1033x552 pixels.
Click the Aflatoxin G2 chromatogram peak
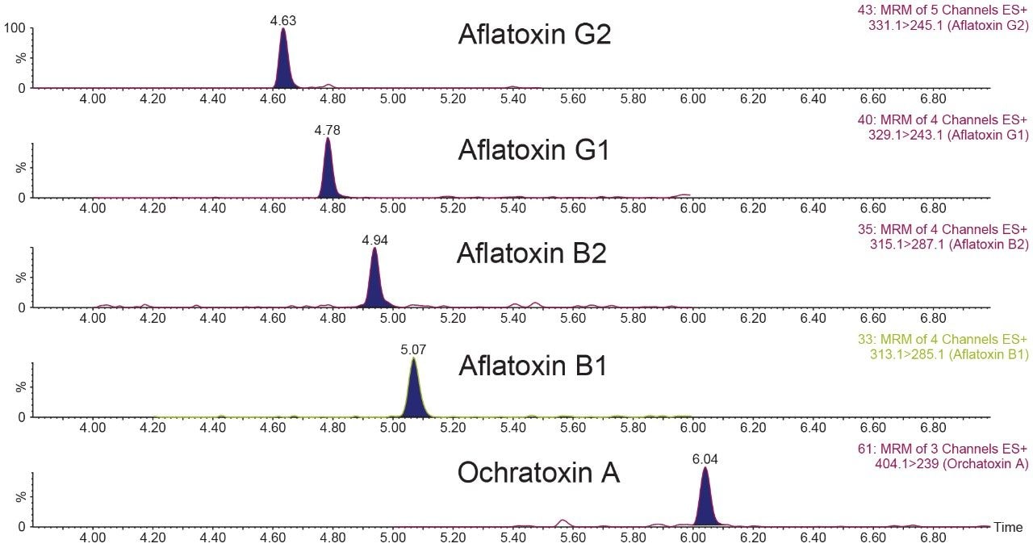[283, 65]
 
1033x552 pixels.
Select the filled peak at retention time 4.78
[328, 174]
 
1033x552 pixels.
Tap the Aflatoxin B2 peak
[374, 283]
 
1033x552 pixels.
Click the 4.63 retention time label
[283, 21]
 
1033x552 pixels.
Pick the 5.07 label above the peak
[413, 349]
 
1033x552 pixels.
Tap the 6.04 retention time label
[705, 459]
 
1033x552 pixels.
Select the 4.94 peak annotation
[374, 240]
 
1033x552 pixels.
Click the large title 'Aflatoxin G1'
[533, 150]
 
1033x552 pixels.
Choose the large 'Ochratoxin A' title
[538, 473]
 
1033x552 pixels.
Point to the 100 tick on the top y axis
[16, 28]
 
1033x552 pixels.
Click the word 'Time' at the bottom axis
[1008, 528]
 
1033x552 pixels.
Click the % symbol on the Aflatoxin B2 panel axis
[21, 278]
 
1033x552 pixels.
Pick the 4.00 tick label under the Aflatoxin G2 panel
[93, 98]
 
